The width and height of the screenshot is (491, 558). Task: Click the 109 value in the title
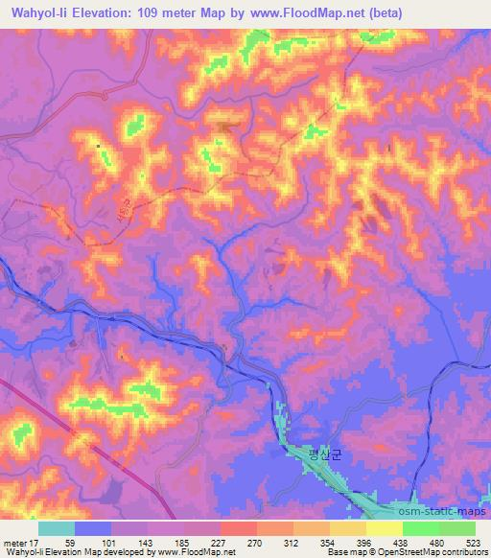pyautogui.click(x=149, y=12)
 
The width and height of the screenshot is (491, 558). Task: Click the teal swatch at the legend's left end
pyautogui.click(x=56, y=528)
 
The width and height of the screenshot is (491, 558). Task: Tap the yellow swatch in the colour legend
pyautogui.click(x=384, y=528)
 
